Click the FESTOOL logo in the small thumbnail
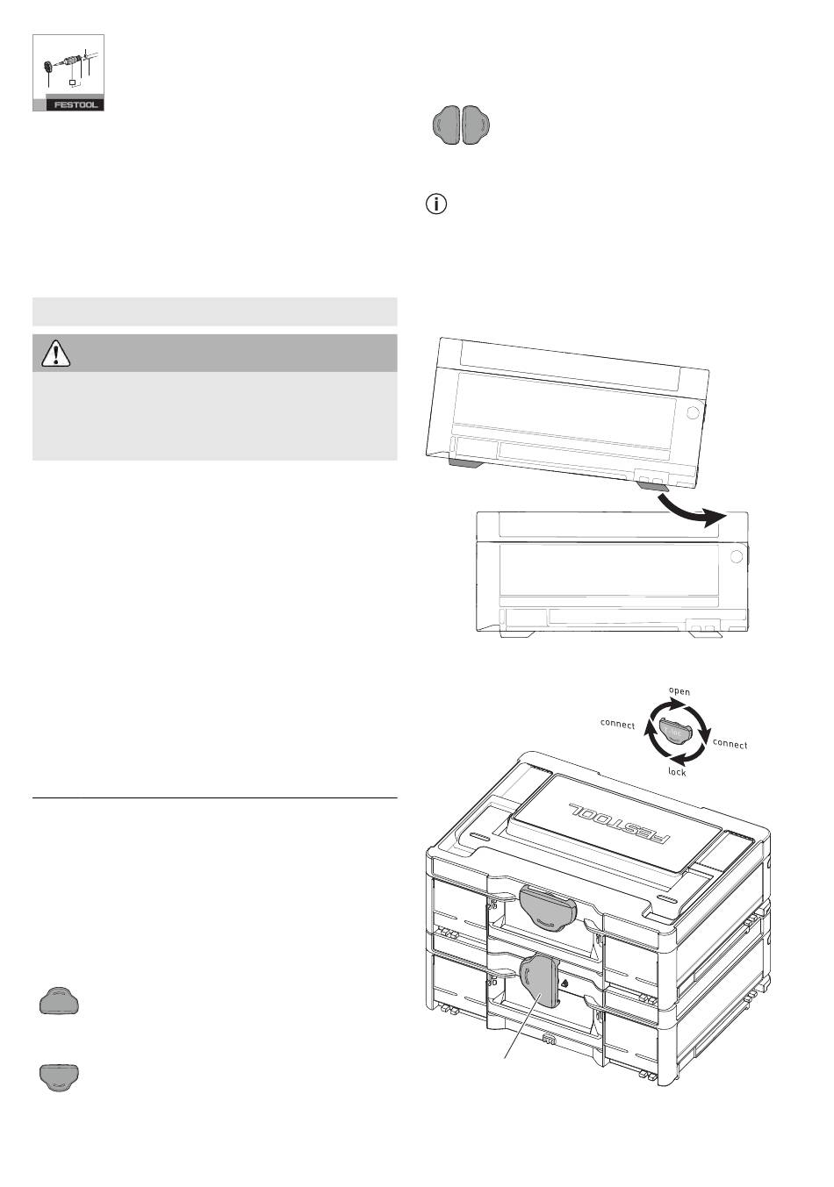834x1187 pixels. coord(75,105)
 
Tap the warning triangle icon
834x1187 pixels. coord(55,354)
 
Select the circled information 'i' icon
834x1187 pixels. coord(435,204)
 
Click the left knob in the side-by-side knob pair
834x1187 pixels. coord(446,125)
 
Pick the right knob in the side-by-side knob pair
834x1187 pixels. coord(476,125)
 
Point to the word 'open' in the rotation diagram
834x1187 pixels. coord(679,691)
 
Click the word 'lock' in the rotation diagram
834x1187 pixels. coord(677,772)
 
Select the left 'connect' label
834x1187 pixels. coord(617,725)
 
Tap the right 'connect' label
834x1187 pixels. coord(730,744)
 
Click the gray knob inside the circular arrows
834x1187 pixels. coord(675,731)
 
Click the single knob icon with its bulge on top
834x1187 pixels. coord(59,1000)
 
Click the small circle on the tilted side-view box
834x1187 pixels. coord(692,413)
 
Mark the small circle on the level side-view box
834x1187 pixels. coord(736,556)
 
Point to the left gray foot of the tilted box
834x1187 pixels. coord(465,462)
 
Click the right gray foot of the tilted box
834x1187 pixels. coord(653,485)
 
